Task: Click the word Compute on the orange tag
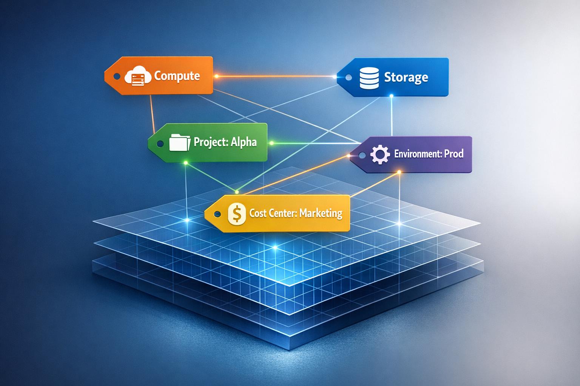[177, 76]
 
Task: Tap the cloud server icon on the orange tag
[137, 77]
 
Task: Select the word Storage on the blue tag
[406, 77]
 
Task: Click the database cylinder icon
[369, 78]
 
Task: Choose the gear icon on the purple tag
[379, 155]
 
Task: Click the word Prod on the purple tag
[454, 154]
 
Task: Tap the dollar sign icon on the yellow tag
[237, 214]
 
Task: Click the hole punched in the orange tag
[117, 77]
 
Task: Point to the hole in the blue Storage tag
[349, 77]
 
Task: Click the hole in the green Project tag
[160, 144]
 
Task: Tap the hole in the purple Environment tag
[362, 155]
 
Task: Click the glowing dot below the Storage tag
[392, 96]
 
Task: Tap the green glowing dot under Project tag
[185, 162]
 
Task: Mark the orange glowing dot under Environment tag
[399, 173]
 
